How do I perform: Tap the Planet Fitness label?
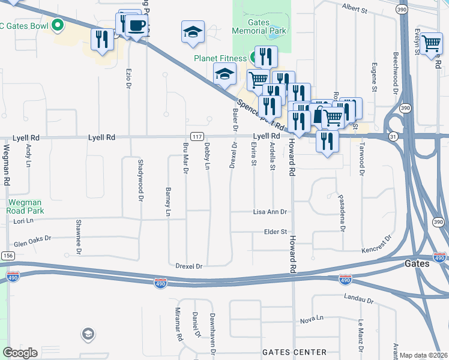pyautogui.click(x=220, y=58)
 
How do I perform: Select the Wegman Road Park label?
pyautogui.click(x=26, y=207)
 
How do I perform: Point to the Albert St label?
pyautogui.click(x=354, y=8)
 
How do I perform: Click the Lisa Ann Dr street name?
pyautogui.click(x=270, y=212)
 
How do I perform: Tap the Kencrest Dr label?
pyautogui.click(x=376, y=249)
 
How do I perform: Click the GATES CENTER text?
pyautogui.click(x=295, y=352)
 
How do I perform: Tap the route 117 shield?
pyautogui.click(x=196, y=137)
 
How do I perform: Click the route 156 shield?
pyautogui.click(x=7, y=256)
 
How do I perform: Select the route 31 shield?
pyautogui.click(x=393, y=137)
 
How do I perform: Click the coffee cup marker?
pyautogui.click(x=137, y=25)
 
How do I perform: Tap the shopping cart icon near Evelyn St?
pyautogui.click(x=431, y=43)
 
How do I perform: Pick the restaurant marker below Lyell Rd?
pyautogui.click(x=327, y=141)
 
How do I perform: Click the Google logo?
pyautogui.click(x=20, y=353)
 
